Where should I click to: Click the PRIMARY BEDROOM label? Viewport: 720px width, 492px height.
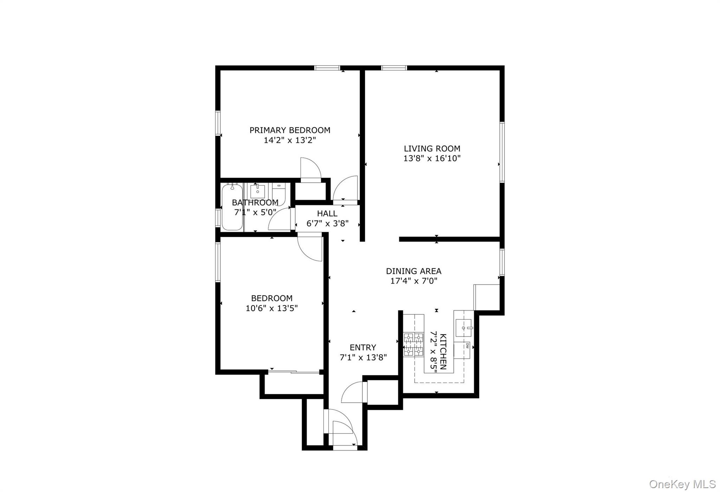click(290, 130)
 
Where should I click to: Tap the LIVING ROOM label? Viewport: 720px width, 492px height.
click(432, 149)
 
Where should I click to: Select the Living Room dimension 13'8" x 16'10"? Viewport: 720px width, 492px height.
click(432, 158)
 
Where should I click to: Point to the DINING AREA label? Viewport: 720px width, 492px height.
click(413, 271)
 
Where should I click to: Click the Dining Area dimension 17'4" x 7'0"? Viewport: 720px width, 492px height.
click(413, 281)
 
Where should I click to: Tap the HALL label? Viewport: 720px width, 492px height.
click(327, 214)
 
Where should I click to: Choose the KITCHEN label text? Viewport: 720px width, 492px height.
click(443, 351)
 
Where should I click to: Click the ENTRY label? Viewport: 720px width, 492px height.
click(363, 348)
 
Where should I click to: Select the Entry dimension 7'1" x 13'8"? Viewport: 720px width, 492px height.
click(363, 358)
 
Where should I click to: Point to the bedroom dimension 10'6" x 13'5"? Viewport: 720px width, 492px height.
click(271, 309)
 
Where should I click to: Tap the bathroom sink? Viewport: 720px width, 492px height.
click(258, 192)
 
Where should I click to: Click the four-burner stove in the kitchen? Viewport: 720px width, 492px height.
click(413, 344)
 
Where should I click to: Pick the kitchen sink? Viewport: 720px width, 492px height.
click(464, 328)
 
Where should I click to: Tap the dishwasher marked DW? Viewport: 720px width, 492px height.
click(462, 350)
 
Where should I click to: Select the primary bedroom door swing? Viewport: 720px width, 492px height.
click(310, 169)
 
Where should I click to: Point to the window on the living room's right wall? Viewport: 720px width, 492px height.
click(502, 152)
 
